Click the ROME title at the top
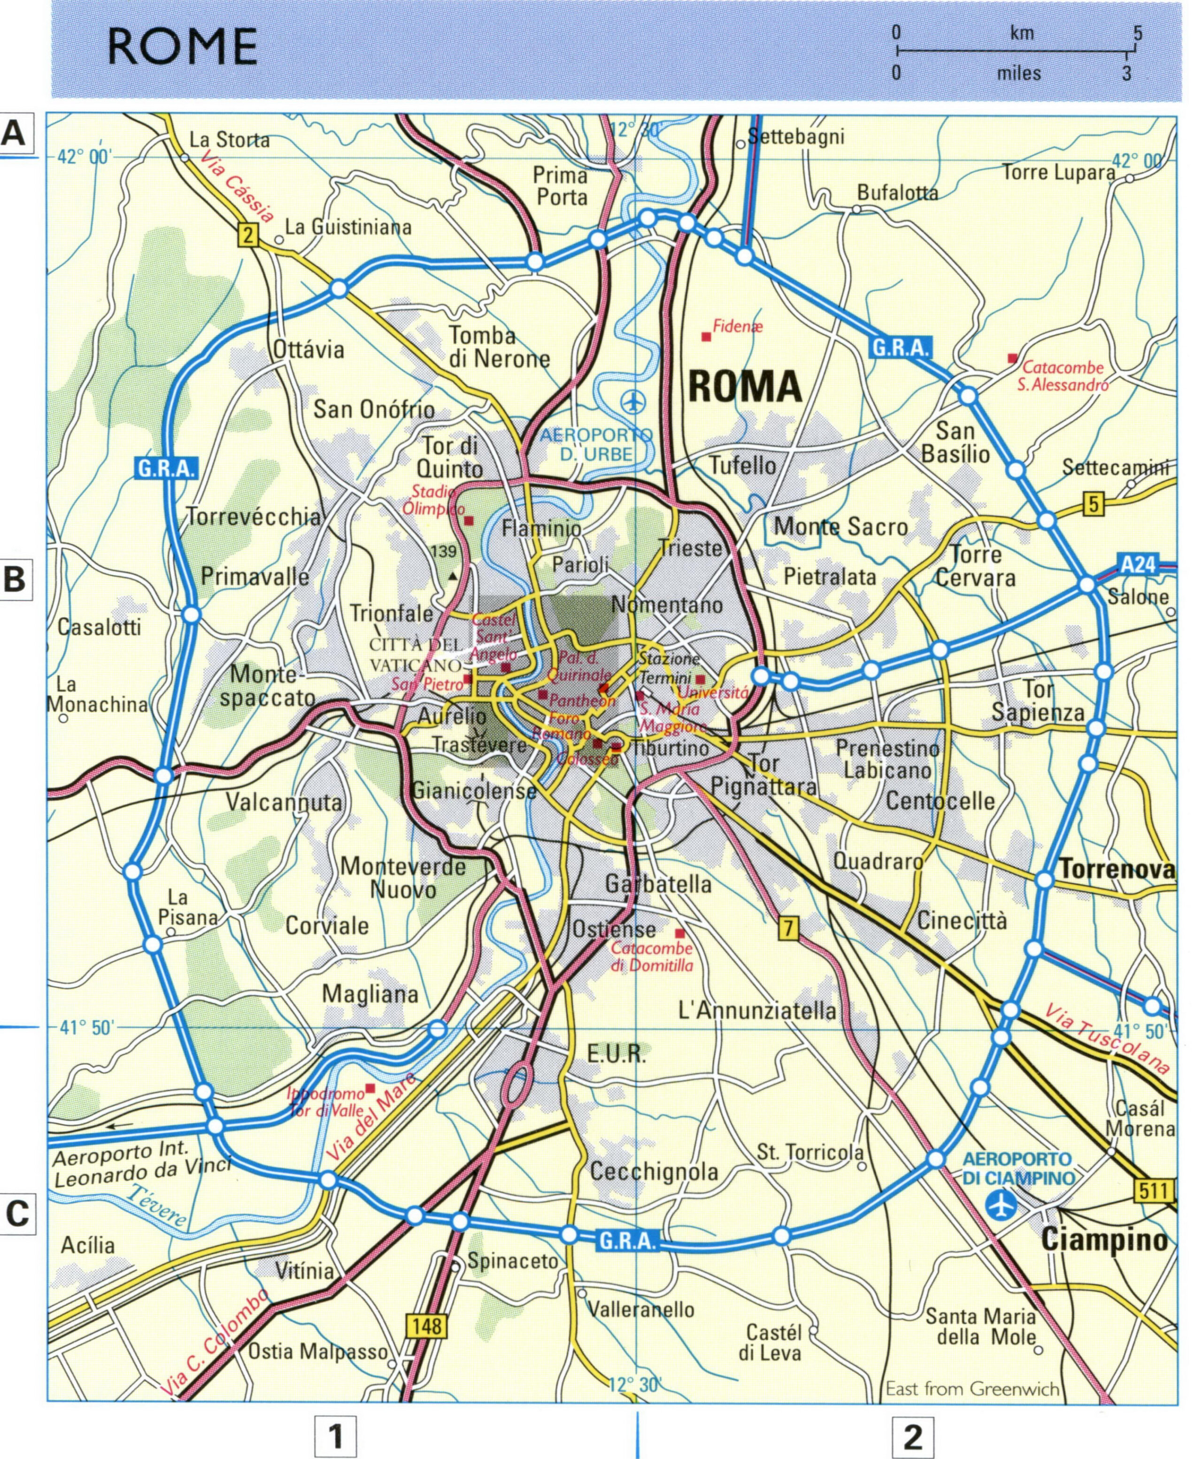(182, 47)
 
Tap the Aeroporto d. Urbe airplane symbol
(632, 401)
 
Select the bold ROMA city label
(745, 386)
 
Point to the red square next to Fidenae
(706, 337)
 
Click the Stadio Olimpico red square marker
(469, 520)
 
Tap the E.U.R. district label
(616, 1055)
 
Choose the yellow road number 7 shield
(788, 928)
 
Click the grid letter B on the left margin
(15, 578)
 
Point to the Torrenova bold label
(1117, 869)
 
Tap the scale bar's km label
(1022, 32)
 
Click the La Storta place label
(229, 140)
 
